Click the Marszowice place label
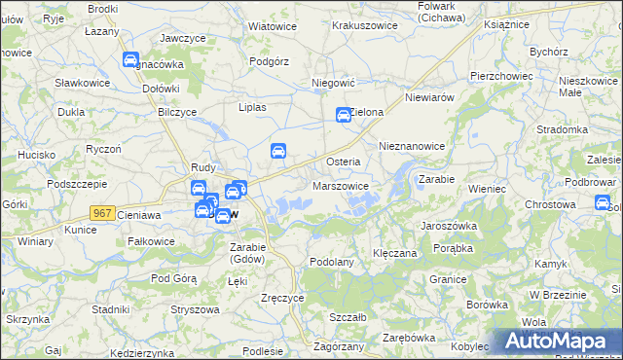pyautogui.click(x=341, y=186)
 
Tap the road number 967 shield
pyautogui.click(x=102, y=212)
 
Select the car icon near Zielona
pyautogui.click(x=344, y=115)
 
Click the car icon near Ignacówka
pyautogui.click(x=130, y=60)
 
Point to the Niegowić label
pyautogui.click(x=331, y=84)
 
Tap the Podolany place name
pyautogui.click(x=331, y=262)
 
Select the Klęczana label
pyautogui.click(x=395, y=253)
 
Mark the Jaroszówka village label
pyautogui.click(x=448, y=225)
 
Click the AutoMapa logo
pyautogui.click(x=555, y=341)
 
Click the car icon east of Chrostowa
pyautogui.click(x=603, y=202)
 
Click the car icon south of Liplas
pyautogui.click(x=277, y=151)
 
